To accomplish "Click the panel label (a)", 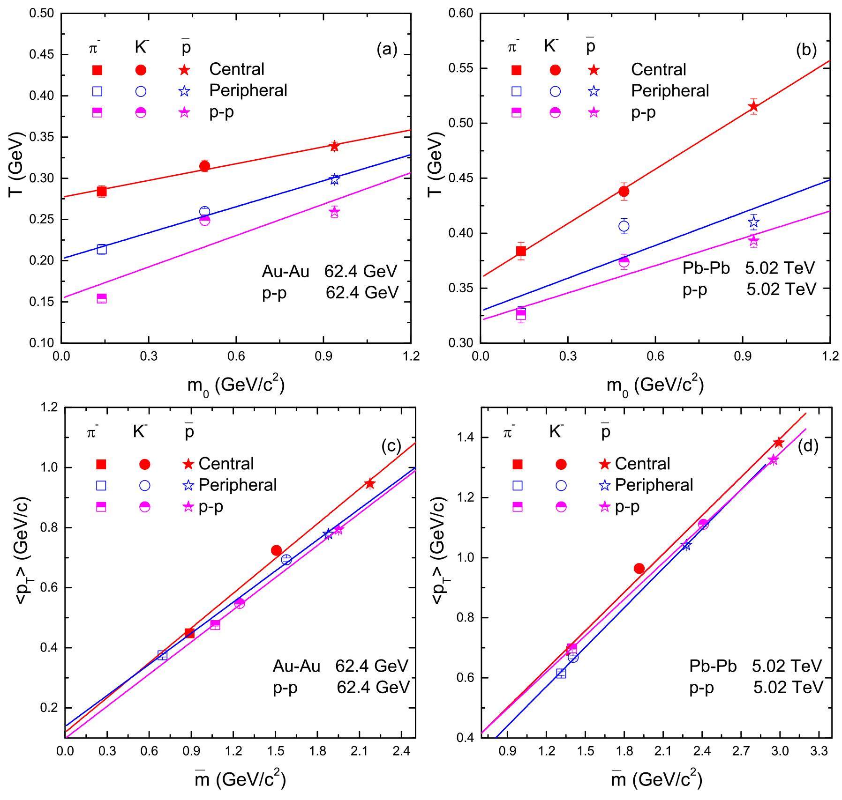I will pos(387,50).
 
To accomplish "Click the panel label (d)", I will pos(808,446).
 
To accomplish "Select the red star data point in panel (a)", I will pos(334,146).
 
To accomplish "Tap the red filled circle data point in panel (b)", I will pos(624,191).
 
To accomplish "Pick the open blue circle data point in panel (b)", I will pos(624,226).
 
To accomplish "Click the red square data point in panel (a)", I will pos(102,191).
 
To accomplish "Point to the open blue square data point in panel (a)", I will pos(102,249).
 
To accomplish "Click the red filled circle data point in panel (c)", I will pos(276,550).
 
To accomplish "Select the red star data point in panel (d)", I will pos(779,443).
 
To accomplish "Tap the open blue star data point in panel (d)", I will pos(686,545).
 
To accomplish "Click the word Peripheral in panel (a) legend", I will pos(248,90).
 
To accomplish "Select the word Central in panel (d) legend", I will pos(642,464).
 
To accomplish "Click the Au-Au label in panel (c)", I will pos(297,666).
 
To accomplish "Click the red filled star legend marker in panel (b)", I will pos(594,70).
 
